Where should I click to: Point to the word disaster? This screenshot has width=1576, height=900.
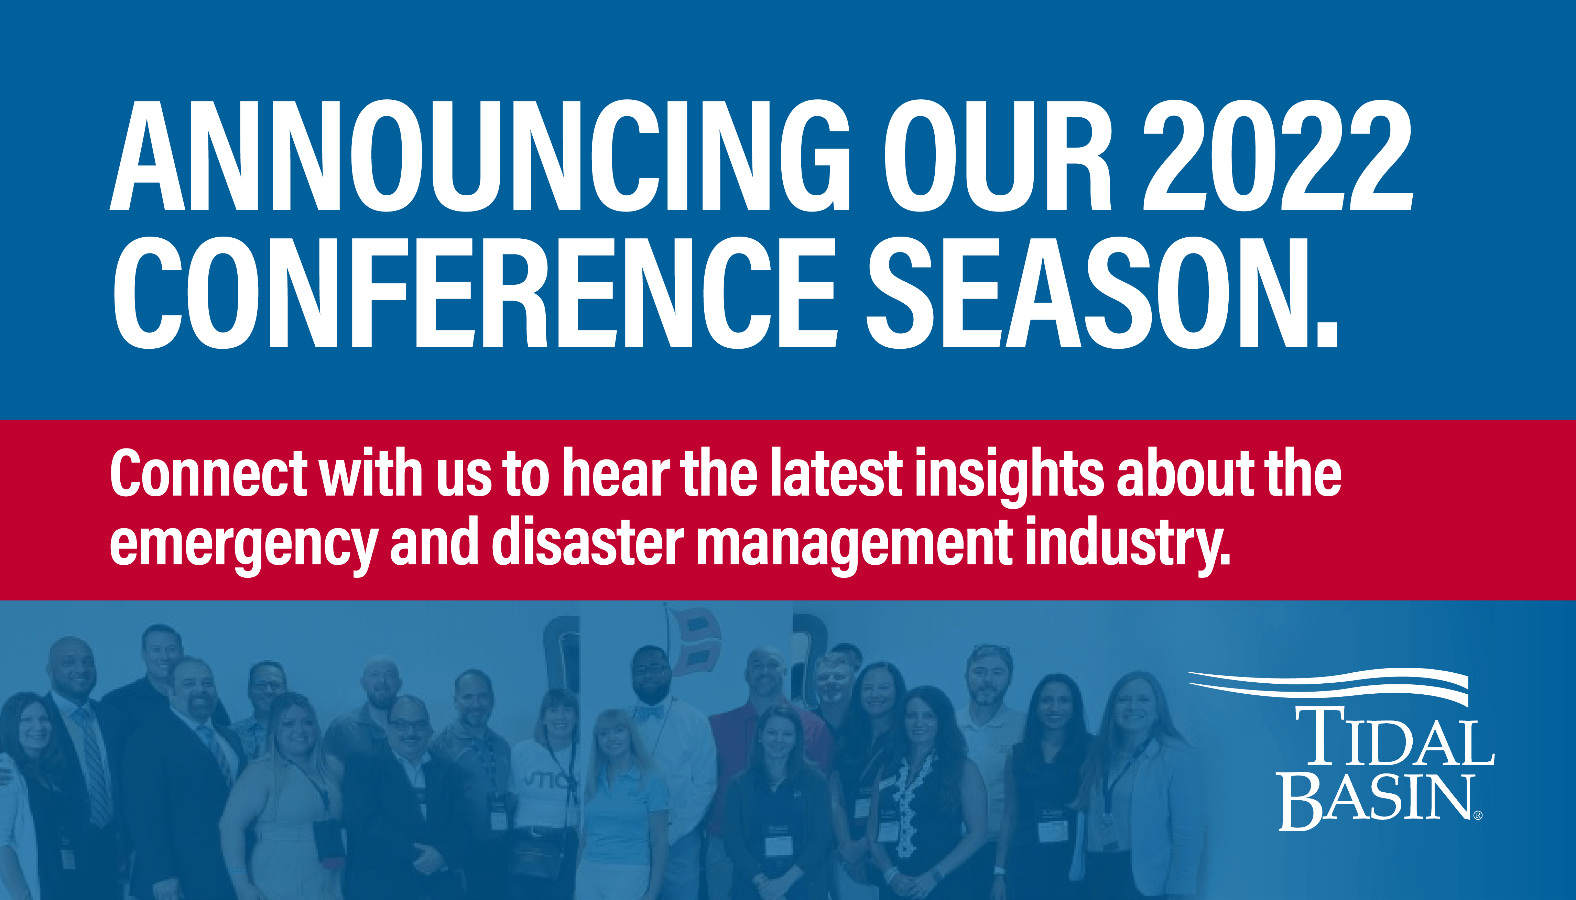point(587,542)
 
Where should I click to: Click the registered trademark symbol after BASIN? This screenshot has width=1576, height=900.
point(1478,815)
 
